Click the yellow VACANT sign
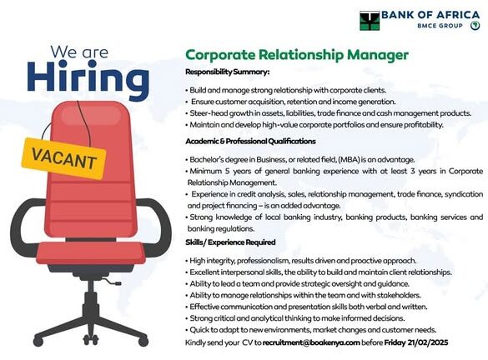click(63, 158)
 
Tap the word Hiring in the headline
click(88, 78)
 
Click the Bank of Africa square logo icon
click(370, 21)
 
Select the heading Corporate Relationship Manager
click(297, 55)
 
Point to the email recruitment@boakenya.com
click(311, 342)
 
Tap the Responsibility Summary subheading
click(228, 72)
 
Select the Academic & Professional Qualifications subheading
click(250, 142)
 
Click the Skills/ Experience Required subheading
click(230, 242)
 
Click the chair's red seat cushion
click(91, 252)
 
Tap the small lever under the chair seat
click(113, 282)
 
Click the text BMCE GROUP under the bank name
click(440, 26)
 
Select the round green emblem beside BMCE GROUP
click(475, 26)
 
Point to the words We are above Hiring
click(79, 52)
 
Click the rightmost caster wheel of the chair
click(143, 342)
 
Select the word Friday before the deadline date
click(395, 342)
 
